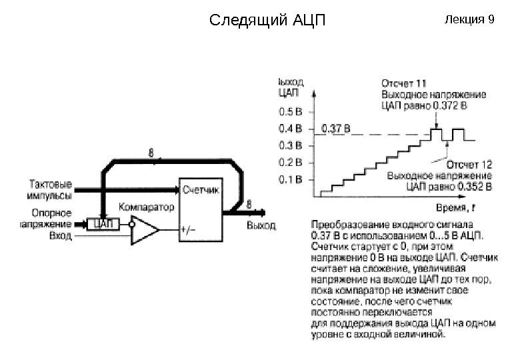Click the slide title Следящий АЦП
coord(267,19)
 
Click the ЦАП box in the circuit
coord(103,224)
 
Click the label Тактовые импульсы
coord(52,188)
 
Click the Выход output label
coord(261,226)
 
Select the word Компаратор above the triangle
coord(147,207)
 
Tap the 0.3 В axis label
coord(290,144)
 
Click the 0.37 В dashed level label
coord(336,126)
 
